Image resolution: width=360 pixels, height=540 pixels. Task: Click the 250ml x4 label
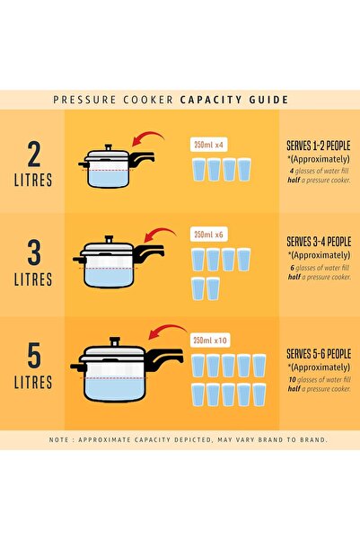(x=208, y=144)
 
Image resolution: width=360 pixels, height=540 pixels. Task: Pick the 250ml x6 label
(x=208, y=235)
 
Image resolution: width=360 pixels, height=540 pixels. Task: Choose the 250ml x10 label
(x=210, y=340)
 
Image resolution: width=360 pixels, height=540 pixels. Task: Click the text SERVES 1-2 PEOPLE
(x=318, y=145)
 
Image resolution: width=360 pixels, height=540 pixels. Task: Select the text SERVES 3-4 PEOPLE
(x=318, y=242)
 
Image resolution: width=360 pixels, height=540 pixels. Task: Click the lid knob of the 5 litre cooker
(x=113, y=340)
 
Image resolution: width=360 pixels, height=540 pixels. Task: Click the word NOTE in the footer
(x=63, y=439)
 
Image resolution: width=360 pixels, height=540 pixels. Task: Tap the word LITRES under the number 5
(x=33, y=387)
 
